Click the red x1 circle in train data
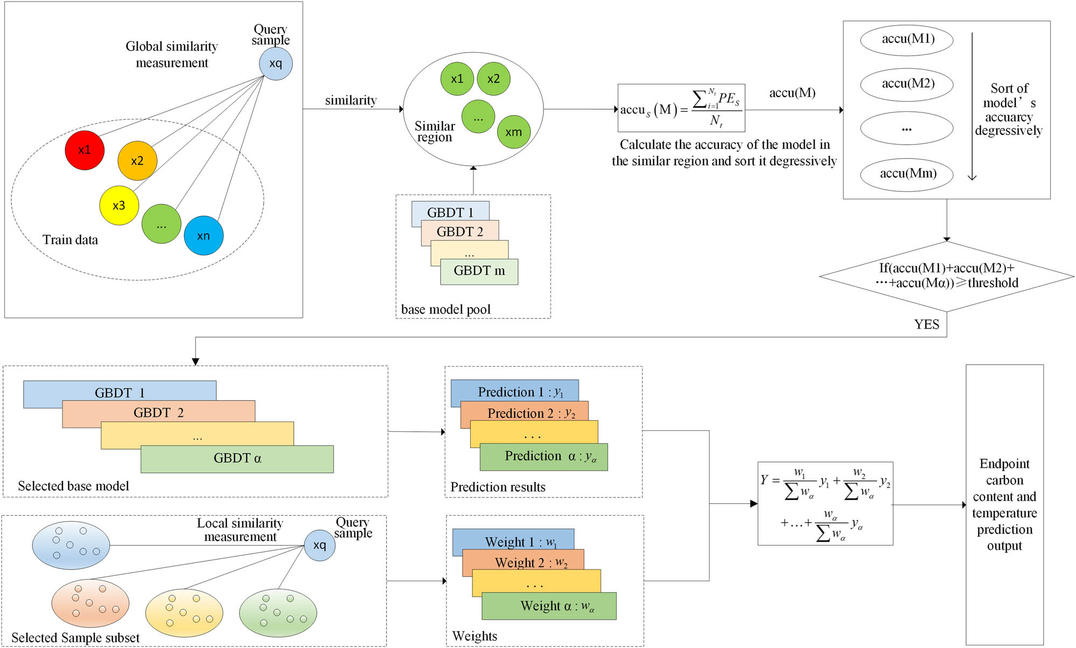point(84,150)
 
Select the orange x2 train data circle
point(137,161)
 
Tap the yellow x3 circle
point(119,205)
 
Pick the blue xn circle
point(203,236)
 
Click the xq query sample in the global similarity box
point(275,63)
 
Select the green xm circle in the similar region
point(513,132)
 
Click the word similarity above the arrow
point(351,100)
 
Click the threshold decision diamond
point(946,276)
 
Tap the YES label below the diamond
point(926,324)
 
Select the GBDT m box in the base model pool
point(479,272)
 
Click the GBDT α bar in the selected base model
point(237,459)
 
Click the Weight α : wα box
point(549,606)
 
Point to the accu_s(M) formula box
point(681,108)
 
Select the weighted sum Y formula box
point(825,503)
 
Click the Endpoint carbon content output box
point(1004,504)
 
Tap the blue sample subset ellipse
point(71,545)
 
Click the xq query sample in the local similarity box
point(320,545)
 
